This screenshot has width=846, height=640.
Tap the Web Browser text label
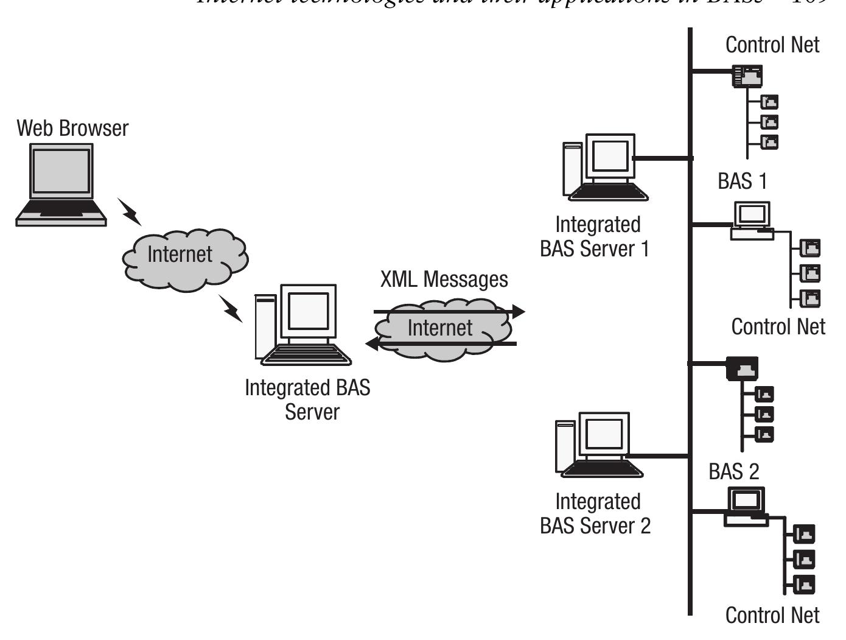(72, 128)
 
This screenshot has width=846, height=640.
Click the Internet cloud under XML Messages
(441, 329)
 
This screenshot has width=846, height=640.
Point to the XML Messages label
(444, 280)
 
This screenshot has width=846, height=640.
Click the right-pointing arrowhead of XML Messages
(518, 312)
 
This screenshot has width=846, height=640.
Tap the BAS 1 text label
(742, 181)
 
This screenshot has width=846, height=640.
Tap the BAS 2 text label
(734, 472)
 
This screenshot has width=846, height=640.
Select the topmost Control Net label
(772, 44)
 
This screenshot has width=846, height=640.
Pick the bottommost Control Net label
(772, 615)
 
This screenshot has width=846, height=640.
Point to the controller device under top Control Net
(747, 76)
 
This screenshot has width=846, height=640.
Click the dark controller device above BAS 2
(742, 368)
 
